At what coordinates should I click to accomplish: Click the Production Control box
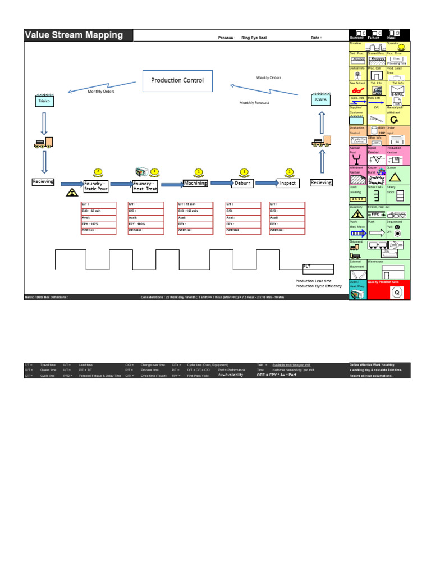point(177,80)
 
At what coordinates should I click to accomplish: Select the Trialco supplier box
point(44,101)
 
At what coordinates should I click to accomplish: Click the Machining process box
point(195,183)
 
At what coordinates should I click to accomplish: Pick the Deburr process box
point(242,183)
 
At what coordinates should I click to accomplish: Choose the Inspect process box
point(287,183)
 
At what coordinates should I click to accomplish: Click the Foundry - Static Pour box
point(95,186)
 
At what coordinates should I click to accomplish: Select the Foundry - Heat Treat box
point(145,186)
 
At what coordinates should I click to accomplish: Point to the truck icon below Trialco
point(44,143)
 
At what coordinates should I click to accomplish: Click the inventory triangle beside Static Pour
point(72,193)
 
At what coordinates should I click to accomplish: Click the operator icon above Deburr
point(244,171)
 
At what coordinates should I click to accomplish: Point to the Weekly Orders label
point(269,78)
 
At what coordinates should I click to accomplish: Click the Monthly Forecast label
point(254,103)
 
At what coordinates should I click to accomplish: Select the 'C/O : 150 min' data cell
point(195,211)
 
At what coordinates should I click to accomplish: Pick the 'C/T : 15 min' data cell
point(195,204)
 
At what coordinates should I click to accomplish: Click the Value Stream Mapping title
point(74,35)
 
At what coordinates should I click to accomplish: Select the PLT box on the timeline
point(318,268)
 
